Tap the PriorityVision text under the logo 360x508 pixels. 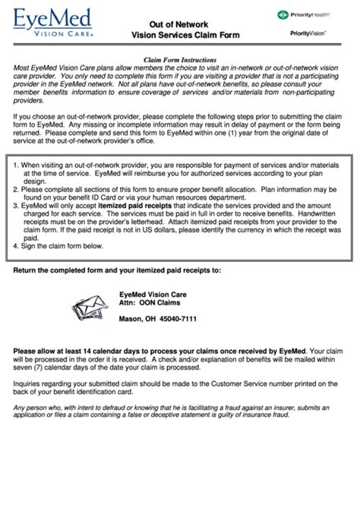pos(308,33)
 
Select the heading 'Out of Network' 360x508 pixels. pos(180,24)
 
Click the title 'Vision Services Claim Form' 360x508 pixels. pos(180,35)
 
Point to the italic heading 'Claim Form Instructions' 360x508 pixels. pos(180,59)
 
